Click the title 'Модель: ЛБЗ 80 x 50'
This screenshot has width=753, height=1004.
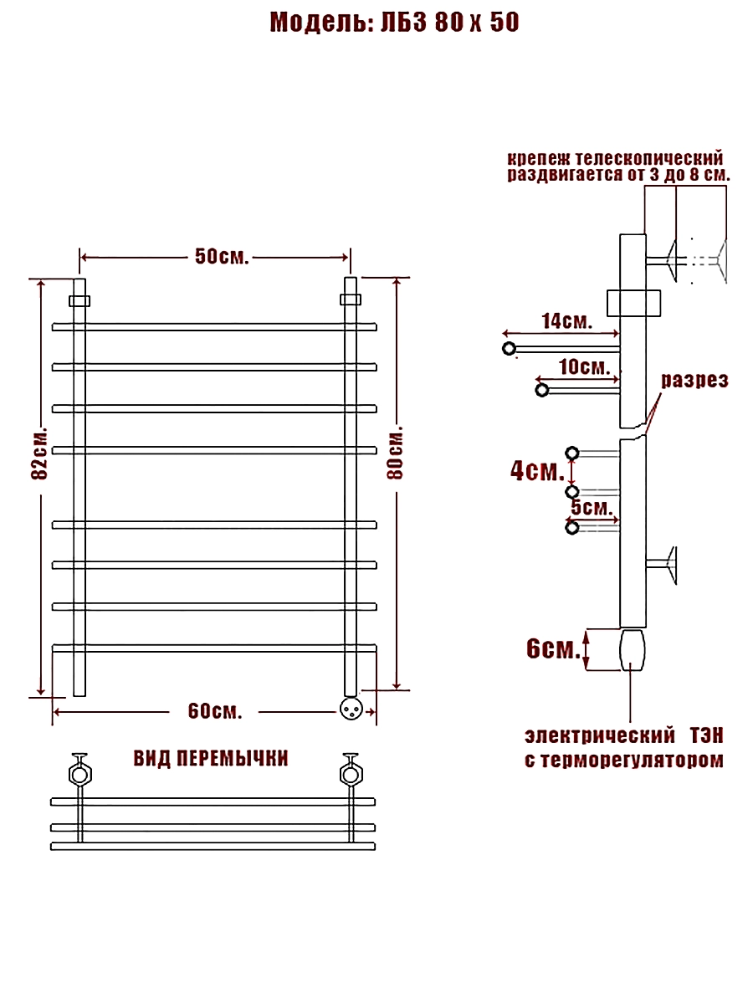click(x=394, y=23)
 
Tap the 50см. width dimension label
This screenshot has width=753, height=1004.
click(x=222, y=257)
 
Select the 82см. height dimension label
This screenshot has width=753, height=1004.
click(x=39, y=453)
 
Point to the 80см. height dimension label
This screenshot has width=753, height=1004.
click(x=395, y=453)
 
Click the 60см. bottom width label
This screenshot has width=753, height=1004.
click(x=215, y=711)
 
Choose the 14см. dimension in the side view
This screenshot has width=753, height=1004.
click(x=567, y=321)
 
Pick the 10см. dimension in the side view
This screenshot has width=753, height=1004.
click(x=584, y=366)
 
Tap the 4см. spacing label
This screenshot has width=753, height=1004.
click(x=537, y=471)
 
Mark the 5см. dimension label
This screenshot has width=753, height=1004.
click(x=592, y=508)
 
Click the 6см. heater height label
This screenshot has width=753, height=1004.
click(x=553, y=648)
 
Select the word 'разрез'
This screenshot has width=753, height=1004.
click(x=694, y=381)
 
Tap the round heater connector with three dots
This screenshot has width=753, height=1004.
click(x=351, y=709)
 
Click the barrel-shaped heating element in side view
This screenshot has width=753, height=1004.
click(x=633, y=650)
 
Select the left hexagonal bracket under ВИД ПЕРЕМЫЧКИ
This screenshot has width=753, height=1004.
click(x=80, y=775)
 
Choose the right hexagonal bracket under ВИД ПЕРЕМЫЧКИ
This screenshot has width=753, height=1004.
click(x=351, y=775)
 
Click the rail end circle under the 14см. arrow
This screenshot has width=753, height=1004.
click(x=509, y=349)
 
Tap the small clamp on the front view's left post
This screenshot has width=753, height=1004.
click(x=79, y=301)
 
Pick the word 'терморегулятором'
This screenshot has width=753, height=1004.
click(x=629, y=760)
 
